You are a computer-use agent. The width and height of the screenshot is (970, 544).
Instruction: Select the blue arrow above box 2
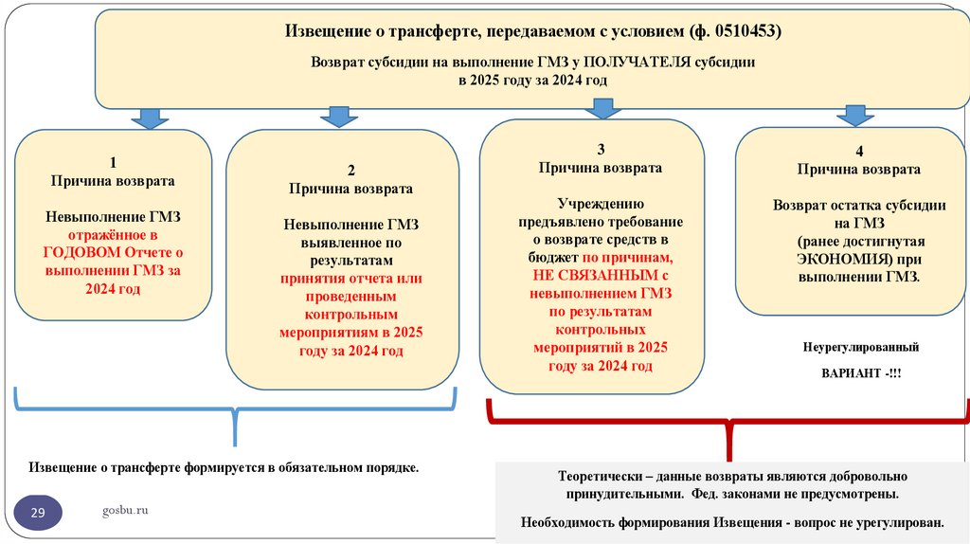pyautogui.click(x=338, y=117)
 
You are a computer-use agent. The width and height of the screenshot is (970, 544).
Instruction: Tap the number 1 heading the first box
pyautogui.click(x=113, y=162)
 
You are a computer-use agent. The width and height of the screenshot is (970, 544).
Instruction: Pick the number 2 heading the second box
pyautogui.click(x=350, y=171)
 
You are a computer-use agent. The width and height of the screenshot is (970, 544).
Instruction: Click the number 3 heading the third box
pyautogui.click(x=600, y=150)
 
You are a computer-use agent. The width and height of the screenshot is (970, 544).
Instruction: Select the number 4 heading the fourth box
pyautogui.click(x=858, y=152)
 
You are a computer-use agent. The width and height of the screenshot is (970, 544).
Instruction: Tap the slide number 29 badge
pyautogui.click(x=38, y=514)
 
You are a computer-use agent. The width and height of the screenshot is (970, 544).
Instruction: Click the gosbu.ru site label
pyautogui.click(x=125, y=511)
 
